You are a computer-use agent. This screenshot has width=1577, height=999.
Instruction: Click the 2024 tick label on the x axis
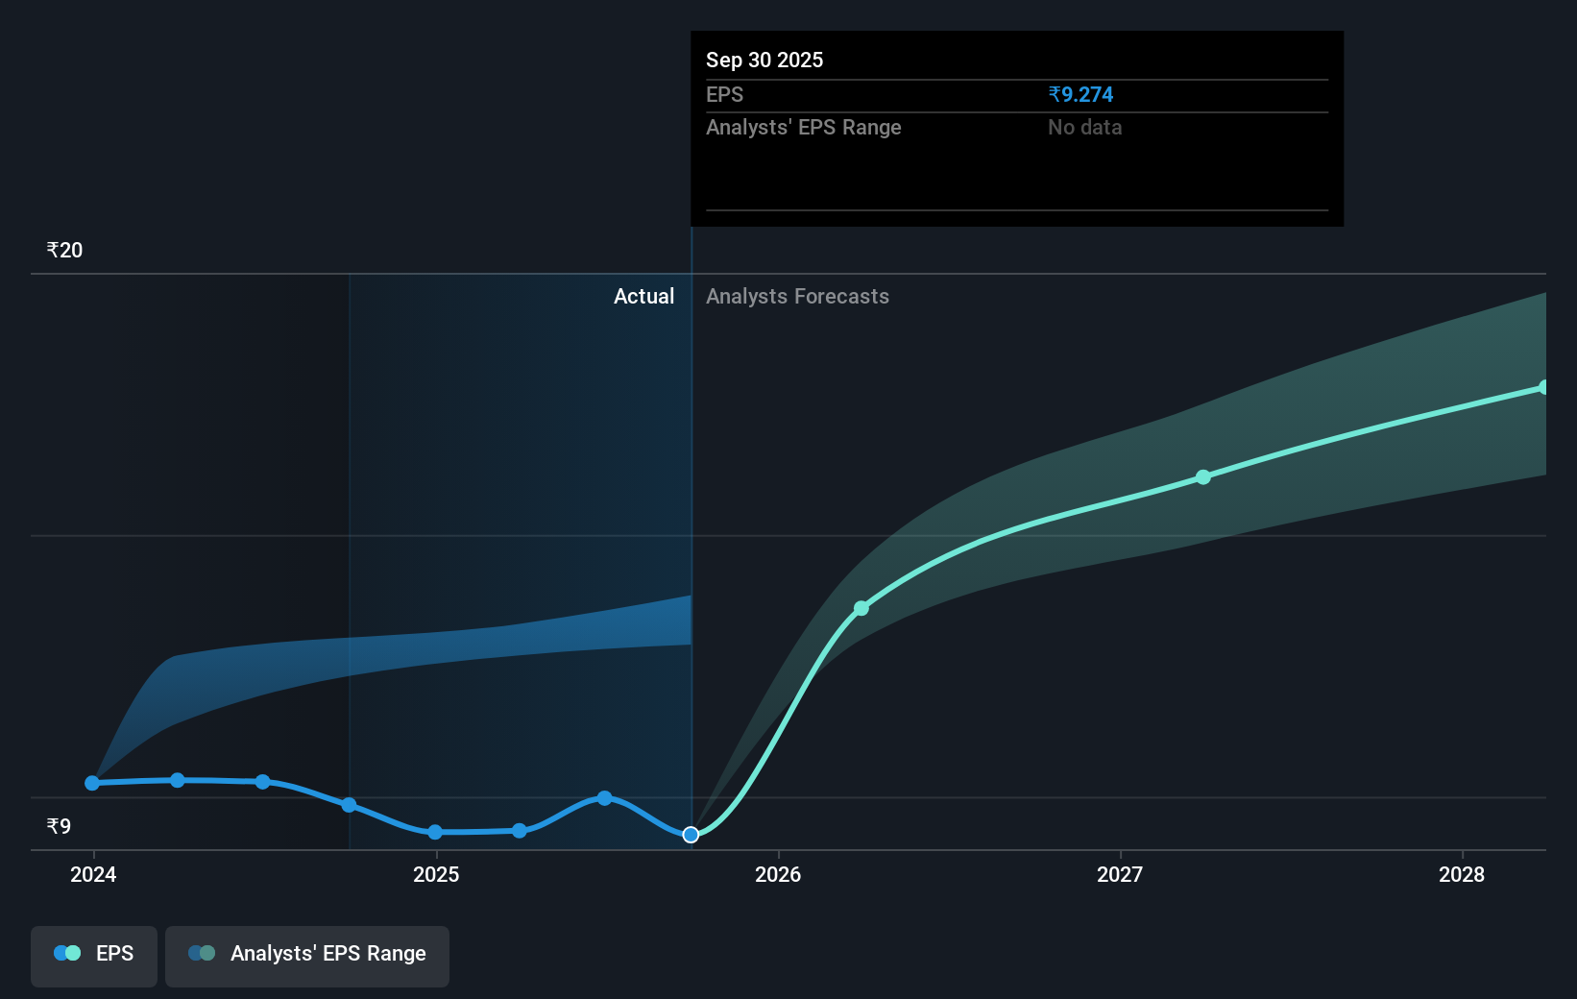pos(93,874)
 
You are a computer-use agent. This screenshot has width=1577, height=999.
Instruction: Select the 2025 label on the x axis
pos(436,874)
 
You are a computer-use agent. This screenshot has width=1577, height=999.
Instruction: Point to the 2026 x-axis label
pos(778,874)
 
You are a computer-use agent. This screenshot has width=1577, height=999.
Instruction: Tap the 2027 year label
pos(1120,874)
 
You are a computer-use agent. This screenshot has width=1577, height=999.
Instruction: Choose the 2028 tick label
pos(1461,874)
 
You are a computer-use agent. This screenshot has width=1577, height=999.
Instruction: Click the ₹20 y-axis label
pos(64,251)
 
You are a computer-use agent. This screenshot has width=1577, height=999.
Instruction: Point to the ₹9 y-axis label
pos(59,826)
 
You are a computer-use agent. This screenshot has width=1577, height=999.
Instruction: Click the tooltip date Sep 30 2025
pos(764,60)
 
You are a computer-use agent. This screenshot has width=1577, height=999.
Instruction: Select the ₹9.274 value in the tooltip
pos(1080,94)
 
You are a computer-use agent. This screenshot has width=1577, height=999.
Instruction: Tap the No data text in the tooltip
pos(1084,127)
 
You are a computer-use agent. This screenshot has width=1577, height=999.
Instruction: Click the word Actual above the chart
pos(643,296)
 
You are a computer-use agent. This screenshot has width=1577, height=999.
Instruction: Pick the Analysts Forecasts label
pos(797,296)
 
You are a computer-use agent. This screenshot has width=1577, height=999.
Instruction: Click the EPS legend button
pos(94,954)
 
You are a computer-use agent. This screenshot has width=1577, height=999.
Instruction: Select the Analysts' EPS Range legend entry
pos(307,954)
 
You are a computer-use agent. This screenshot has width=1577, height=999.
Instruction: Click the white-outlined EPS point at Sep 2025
pos(691,835)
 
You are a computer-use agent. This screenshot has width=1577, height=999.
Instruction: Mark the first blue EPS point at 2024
pos(92,783)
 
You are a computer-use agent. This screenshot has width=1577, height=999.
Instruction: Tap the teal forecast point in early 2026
pos(861,608)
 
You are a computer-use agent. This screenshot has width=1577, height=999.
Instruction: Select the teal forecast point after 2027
pos(1203,476)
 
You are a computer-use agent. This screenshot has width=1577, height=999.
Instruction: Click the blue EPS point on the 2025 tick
pos(435,832)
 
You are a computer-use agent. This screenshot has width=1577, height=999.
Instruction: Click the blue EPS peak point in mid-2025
pos(604,797)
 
